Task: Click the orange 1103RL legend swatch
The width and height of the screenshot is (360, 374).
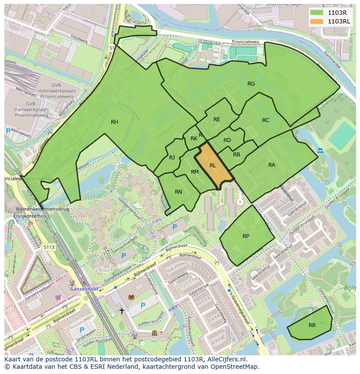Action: tap(317, 21)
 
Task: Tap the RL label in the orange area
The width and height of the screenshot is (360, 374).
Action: tap(213, 165)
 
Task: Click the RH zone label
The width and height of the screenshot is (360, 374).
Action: tap(114, 122)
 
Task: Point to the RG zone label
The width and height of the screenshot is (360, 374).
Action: tap(251, 84)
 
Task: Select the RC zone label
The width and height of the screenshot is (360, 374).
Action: tap(266, 120)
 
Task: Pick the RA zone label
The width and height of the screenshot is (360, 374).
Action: tap(272, 165)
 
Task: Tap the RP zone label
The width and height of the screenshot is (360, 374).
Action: tap(246, 236)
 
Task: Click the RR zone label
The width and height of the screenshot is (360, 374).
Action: tap(312, 325)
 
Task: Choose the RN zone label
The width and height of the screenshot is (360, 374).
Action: tap(178, 192)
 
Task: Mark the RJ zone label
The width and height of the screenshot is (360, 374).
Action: tap(172, 158)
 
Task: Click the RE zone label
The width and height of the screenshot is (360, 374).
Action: tap(217, 119)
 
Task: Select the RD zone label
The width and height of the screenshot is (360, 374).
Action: tap(227, 140)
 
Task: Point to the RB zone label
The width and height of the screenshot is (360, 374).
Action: tap(237, 155)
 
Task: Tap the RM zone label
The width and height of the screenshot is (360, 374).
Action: tap(194, 172)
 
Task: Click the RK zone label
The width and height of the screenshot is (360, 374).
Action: tap(193, 139)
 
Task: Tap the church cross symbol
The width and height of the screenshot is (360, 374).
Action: tap(122, 311)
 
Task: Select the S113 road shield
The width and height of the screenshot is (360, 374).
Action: tap(49, 247)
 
